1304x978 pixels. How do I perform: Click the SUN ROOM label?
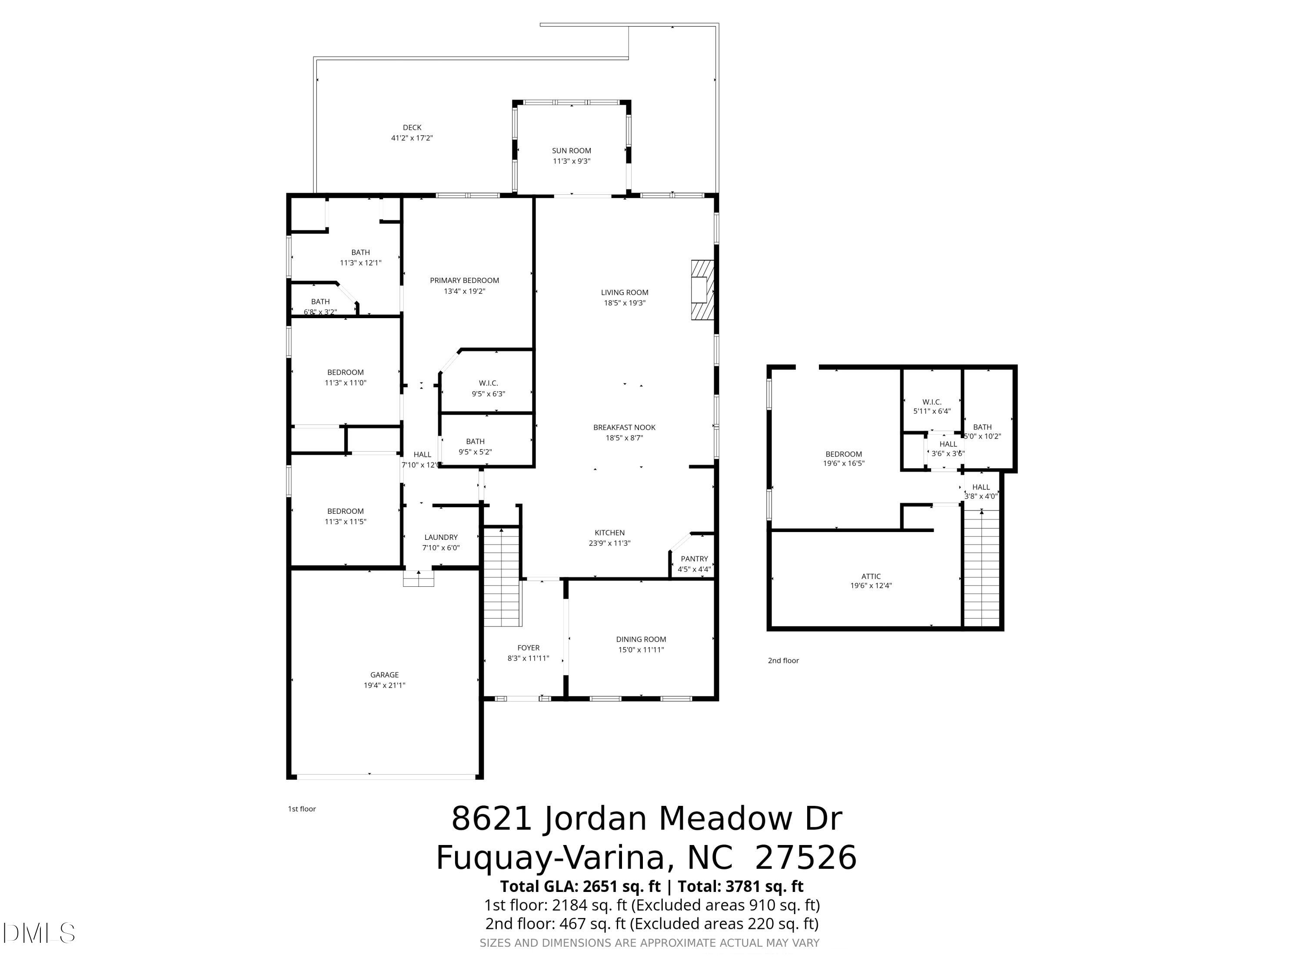tap(571, 151)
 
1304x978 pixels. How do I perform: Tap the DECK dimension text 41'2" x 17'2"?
tap(412, 138)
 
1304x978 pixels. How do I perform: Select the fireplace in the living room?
tap(702, 290)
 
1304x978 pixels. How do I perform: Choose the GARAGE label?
tap(384, 675)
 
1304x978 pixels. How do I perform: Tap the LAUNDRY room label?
tap(441, 538)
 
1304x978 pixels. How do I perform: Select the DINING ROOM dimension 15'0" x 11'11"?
tap(641, 650)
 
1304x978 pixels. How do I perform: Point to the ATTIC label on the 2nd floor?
tap(871, 576)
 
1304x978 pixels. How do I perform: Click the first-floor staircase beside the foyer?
tap(502, 578)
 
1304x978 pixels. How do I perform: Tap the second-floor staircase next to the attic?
tap(981, 569)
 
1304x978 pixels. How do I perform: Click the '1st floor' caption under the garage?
tap(302, 809)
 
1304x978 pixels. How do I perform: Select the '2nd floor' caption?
tap(783, 660)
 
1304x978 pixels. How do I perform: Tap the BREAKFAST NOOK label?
tap(624, 427)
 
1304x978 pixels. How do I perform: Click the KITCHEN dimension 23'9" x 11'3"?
tap(609, 543)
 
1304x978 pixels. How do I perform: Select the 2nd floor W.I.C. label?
tap(931, 402)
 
